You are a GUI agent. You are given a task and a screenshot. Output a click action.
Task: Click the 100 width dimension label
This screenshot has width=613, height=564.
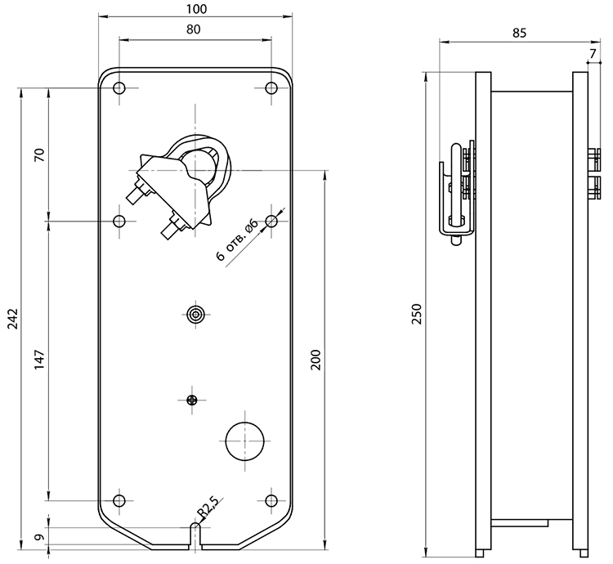pyautogui.click(x=196, y=9)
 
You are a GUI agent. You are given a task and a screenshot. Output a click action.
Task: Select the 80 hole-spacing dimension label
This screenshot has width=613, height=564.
pyautogui.click(x=193, y=29)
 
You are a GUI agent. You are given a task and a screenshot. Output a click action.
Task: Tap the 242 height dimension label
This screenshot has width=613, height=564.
pyautogui.click(x=13, y=318)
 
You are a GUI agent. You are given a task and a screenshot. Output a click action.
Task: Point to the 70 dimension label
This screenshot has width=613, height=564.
pyautogui.click(x=40, y=155)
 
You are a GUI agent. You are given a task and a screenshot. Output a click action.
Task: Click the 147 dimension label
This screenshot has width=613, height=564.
pyautogui.click(x=40, y=360)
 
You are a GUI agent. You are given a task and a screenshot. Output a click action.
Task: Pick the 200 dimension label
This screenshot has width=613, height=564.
pyautogui.click(x=315, y=360)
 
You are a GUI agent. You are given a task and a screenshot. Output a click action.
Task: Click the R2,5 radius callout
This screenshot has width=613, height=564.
pyautogui.click(x=208, y=508)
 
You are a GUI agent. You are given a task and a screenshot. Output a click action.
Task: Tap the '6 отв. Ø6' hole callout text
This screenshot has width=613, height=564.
pyautogui.click(x=237, y=240)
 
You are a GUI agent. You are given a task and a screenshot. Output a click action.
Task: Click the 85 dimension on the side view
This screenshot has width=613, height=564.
pyautogui.click(x=519, y=34)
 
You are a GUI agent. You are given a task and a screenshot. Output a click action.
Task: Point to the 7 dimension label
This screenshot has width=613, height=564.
pyautogui.click(x=593, y=54)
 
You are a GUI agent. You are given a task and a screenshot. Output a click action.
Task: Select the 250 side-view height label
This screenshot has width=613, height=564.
pyautogui.click(x=417, y=314)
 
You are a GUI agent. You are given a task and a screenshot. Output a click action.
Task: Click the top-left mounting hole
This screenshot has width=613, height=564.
pyautogui.click(x=119, y=88)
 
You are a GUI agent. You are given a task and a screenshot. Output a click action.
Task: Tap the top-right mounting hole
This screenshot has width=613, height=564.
pyautogui.click(x=271, y=88)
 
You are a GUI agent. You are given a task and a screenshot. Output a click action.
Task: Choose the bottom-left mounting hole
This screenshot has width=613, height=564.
pyautogui.click(x=119, y=500)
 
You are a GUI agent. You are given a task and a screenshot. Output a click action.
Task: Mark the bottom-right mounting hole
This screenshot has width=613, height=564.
pyautogui.click(x=271, y=500)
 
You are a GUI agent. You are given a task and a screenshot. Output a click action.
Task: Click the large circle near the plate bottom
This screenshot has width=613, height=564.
pyautogui.click(x=245, y=441)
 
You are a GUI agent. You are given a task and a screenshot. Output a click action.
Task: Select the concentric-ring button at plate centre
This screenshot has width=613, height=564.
pyautogui.click(x=195, y=314)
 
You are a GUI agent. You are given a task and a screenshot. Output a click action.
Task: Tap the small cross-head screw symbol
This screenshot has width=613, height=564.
pyautogui.click(x=191, y=400)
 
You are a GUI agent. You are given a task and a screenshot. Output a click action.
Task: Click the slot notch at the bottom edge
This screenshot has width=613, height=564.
pyautogui.click(x=195, y=536)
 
